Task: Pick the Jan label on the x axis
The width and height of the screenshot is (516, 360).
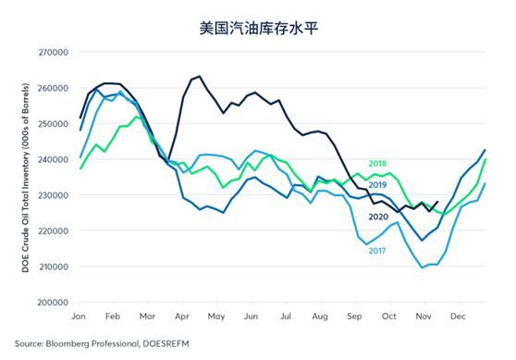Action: [80, 317]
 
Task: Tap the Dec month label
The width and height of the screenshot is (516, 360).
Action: [457, 317]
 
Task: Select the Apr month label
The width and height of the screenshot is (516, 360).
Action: [182, 317]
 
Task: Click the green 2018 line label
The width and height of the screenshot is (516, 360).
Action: [377, 164]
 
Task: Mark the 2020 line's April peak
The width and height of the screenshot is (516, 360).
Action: [199, 76]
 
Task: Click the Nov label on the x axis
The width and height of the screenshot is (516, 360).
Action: [423, 317]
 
